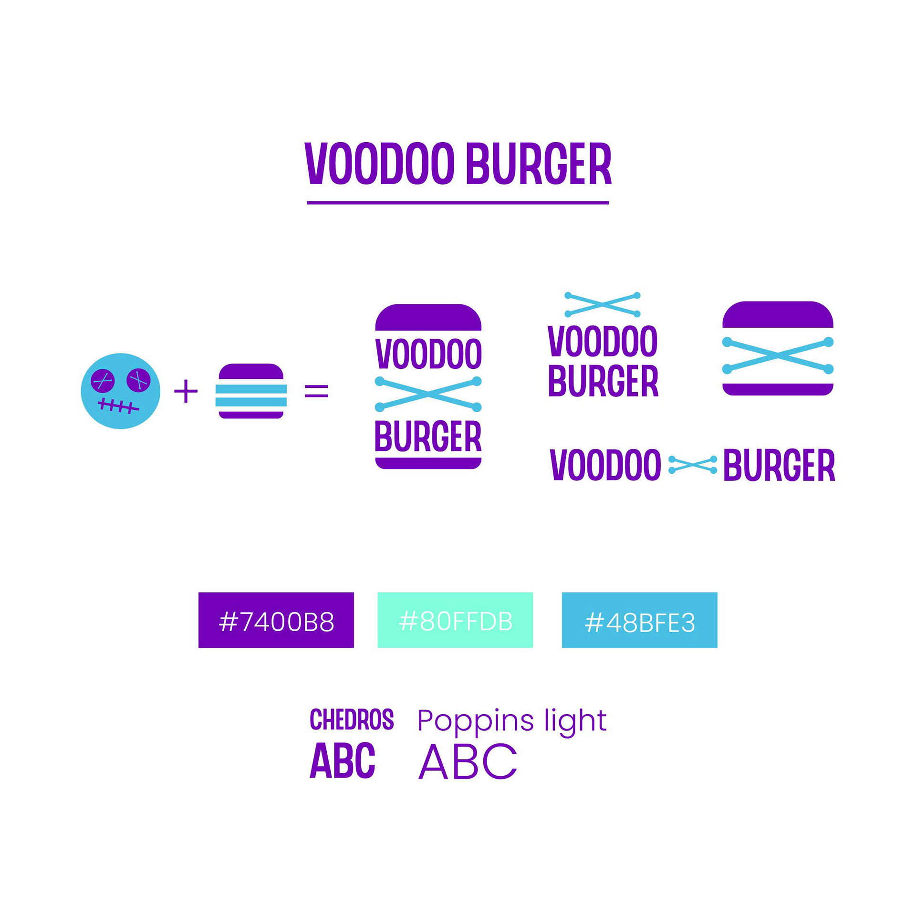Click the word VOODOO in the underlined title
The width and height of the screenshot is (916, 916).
click(x=379, y=164)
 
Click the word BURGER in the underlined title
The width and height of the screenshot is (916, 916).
click(x=538, y=164)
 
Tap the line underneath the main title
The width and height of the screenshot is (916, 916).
click(x=457, y=203)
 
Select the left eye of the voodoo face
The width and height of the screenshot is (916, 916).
click(x=103, y=381)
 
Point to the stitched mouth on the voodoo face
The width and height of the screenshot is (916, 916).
click(x=118, y=406)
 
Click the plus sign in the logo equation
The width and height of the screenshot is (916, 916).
click(x=186, y=391)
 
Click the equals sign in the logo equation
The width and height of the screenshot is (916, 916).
click(x=316, y=391)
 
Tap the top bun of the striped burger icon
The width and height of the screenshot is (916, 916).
click(x=251, y=373)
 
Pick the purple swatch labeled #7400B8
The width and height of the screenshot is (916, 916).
click(x=276, y=620)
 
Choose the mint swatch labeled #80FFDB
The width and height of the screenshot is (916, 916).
click(x=455, y=620)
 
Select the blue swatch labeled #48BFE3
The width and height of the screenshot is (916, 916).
click(x=639, y=620)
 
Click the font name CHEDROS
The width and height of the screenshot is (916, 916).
click(x=352, y=720)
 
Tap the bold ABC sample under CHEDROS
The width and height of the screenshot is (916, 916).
click(x=342, y=761)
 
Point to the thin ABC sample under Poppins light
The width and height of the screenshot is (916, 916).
click(x=468, y=762)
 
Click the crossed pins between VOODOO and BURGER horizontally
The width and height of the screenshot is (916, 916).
click(x=692, y=464)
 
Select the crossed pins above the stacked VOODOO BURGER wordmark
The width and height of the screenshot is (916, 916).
click(x=602, y=304)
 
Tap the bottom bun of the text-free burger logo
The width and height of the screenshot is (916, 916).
click(x=778, y=389)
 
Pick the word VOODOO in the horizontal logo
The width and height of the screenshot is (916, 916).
click(x=605, y=465)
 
